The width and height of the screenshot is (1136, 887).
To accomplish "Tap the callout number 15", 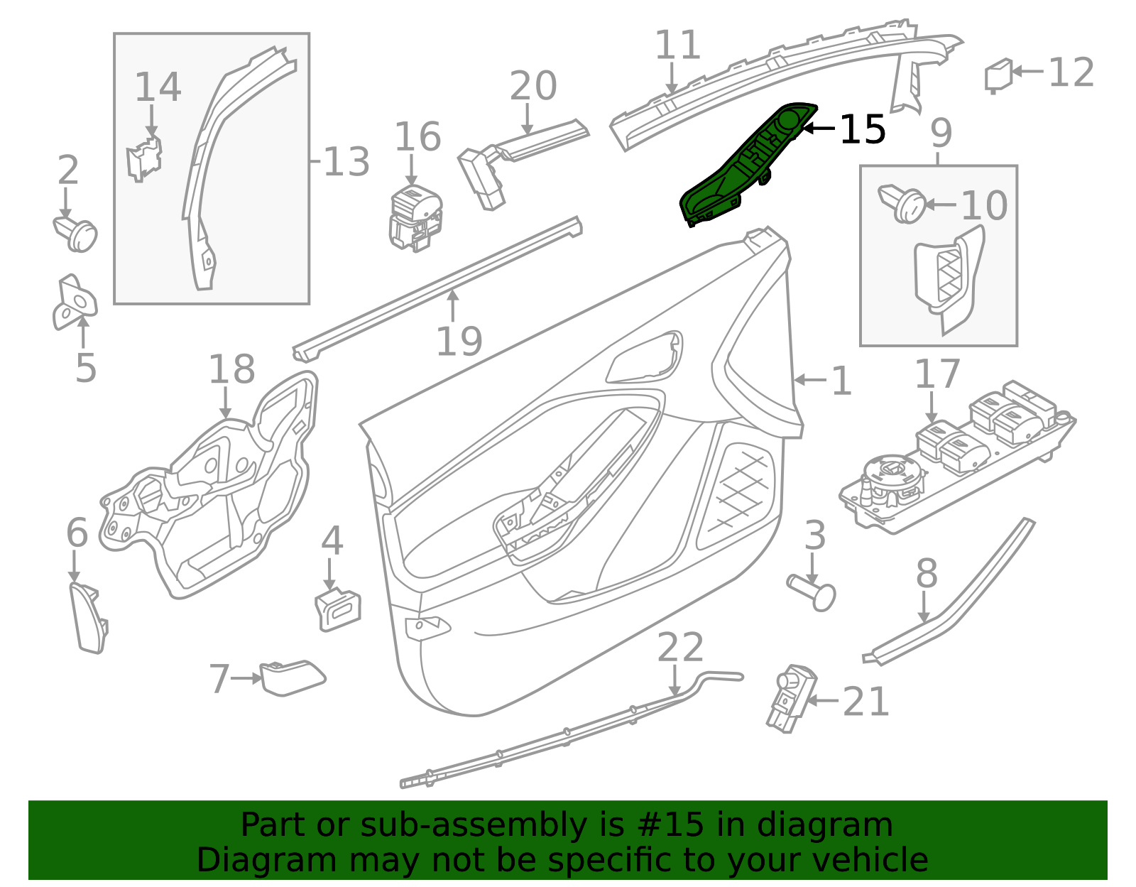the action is click(862, 129).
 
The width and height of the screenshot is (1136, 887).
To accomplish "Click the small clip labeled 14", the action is click(144, 158).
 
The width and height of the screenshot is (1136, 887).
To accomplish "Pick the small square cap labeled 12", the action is click(998, 76).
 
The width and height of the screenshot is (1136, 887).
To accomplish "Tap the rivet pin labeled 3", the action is click(812, 593).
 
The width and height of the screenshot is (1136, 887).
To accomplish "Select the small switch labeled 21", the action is click(790, 698).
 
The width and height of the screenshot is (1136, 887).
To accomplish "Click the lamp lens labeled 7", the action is click(293, 678).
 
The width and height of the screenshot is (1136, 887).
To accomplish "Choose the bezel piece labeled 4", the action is click(338, 609).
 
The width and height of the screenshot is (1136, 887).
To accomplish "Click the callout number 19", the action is click(459, 342).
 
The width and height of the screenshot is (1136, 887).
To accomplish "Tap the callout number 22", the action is click(679, 647).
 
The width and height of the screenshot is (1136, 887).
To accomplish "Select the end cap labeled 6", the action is click(88, 619).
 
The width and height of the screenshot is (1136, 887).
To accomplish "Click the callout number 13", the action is click(346, 161).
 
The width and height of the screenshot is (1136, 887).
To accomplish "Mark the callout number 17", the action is click(937, 374).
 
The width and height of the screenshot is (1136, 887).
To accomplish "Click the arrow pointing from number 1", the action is click(810, 380).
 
